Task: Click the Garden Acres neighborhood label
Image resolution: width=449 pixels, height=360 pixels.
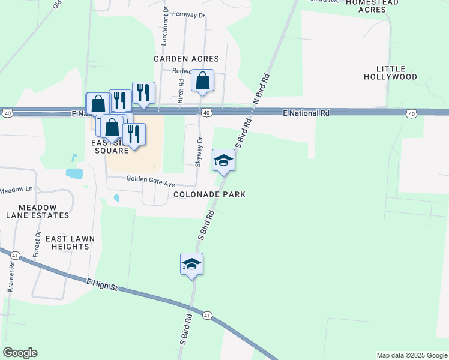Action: click(186, 59)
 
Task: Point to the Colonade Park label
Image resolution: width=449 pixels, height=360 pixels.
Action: click(209, 194)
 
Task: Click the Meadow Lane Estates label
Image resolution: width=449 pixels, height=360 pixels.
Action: click(37, 211)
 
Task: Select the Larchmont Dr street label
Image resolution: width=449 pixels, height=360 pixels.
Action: click(164, 28)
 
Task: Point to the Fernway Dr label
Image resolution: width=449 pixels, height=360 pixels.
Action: click(188, 13)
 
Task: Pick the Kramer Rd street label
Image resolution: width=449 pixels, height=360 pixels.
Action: click(11, 277)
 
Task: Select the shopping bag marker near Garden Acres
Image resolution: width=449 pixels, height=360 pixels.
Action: click(202, 80)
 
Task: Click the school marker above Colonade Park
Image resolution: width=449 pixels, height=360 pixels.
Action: click(223, 160)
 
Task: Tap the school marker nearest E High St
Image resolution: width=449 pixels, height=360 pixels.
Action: click(191, 264)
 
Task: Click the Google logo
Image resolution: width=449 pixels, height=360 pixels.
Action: click(20, 353)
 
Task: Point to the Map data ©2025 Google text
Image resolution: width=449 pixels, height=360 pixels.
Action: click(411, 355)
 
